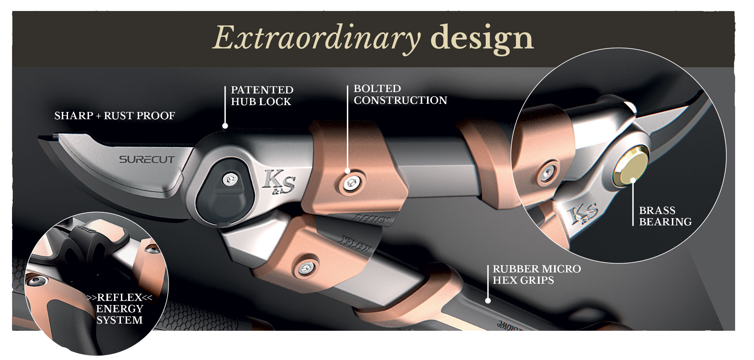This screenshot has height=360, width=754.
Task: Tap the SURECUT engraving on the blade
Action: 147,160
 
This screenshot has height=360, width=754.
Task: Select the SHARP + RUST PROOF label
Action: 115,116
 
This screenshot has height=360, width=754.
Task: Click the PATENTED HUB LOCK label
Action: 262,96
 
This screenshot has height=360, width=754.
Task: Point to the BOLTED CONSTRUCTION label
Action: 400,94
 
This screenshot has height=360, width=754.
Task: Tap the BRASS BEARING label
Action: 665,216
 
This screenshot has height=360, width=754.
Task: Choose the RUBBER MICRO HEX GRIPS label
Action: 537,274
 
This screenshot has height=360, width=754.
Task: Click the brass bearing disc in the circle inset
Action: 631,170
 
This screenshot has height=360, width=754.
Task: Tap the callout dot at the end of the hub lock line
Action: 225,126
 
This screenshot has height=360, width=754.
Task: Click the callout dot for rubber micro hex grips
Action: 487,301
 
